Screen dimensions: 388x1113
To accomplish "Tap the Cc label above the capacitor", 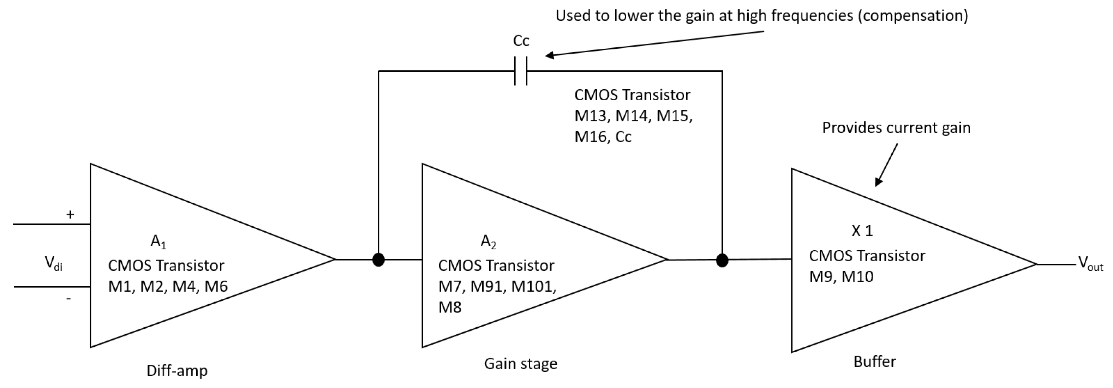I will [x=521, y=41].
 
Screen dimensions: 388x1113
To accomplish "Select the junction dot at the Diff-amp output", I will [x=378, y=260].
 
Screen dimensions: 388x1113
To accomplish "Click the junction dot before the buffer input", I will [x=722, y=260].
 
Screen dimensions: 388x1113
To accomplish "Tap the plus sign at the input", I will [x=70, y=214].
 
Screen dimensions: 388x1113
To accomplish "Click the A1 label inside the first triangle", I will [x=158, y=242].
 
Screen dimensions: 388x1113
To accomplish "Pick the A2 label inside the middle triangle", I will [x=489, y=242].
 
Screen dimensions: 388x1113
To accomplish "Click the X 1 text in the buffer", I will [x=862, y=231].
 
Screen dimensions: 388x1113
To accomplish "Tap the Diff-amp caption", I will [x=177, y=371].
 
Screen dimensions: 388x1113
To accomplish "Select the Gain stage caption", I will [x=520, y=364].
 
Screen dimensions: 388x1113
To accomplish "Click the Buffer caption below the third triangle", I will [x=874, y=362].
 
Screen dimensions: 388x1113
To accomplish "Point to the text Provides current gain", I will [x=896, y=128].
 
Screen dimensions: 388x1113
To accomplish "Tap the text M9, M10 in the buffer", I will [x=841, y=276].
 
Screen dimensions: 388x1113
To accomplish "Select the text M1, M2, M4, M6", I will [x=168, y=286].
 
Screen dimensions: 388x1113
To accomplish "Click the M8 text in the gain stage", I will [x=450, y=308].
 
